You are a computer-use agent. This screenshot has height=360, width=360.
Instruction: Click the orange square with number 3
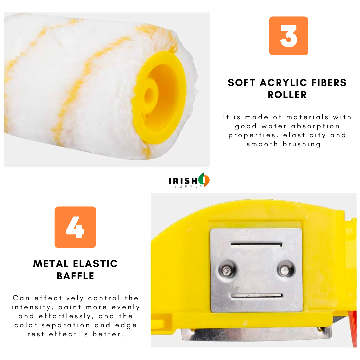(288, 36)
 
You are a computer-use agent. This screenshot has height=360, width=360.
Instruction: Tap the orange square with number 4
(75, 227)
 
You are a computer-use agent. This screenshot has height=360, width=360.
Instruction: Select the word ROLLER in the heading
(287, 95)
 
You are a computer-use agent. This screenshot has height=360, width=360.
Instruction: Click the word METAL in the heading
(51, 264)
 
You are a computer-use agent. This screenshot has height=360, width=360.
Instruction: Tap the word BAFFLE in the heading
(76, 276)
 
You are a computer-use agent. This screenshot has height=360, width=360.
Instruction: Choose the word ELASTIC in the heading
(95, 264)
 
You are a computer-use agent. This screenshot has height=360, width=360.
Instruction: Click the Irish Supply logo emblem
(204, 180)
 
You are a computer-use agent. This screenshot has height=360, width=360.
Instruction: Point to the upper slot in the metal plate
(256, 245)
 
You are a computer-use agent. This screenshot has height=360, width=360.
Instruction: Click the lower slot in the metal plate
(257, 296)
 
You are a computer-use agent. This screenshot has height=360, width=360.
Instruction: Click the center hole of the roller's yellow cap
(149, 94)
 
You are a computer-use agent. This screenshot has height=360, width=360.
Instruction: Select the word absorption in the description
(315, 126)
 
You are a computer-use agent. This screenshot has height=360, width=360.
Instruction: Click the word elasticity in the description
(304, 135)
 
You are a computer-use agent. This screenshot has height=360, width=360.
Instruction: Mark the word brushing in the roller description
(303, 144)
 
